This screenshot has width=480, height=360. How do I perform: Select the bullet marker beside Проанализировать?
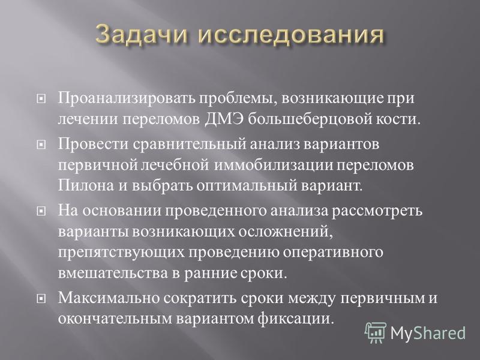pyautogui.click(x=41, y=99)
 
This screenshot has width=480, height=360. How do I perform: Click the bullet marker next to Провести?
pyautogui.click(x=41, y=145)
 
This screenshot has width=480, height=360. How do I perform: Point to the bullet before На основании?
pyautogui.click(x=41, y=211)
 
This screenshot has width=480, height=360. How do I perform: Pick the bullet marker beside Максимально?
pyautogui.click(x=41, y=298)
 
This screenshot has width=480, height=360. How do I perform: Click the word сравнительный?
pyautogui.click(x=190, y=144)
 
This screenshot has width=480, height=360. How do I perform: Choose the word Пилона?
pyautogui.click(x=86, y=185)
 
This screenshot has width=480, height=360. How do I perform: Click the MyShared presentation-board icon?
pyautogui.click(x=376, y=332)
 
